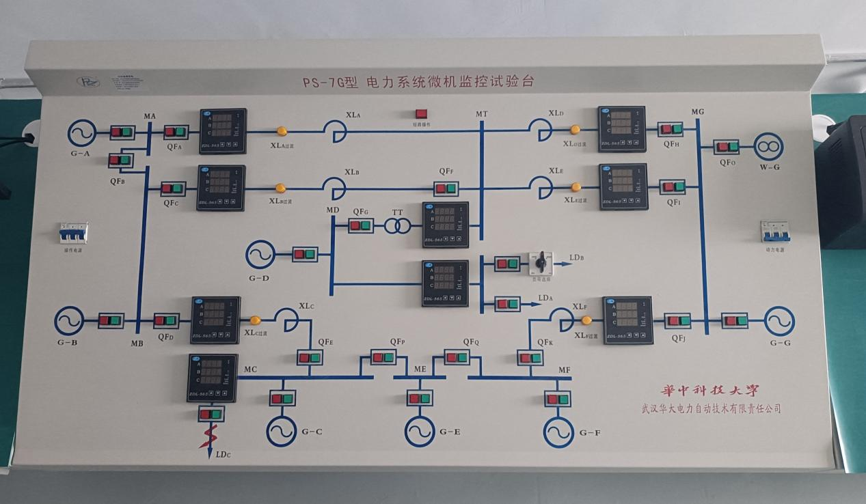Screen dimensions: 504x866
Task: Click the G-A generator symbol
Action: point(82,132)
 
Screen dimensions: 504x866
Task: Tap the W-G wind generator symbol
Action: point(769,146)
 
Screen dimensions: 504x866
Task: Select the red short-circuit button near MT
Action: point(421,115)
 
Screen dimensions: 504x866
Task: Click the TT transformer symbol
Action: point(396,225)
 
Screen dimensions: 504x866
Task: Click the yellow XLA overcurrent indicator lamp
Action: point(281,131)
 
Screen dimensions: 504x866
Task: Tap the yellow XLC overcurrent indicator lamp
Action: point(255,320)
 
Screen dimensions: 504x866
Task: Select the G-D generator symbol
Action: point(260,254)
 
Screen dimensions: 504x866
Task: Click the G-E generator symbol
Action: point(419,431)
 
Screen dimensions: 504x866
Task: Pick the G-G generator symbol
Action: point(779,320)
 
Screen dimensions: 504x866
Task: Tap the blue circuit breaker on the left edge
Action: point(72,234)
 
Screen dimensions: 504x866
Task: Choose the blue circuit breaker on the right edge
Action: point(775,232)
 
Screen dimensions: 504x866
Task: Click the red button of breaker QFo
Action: point(721,146)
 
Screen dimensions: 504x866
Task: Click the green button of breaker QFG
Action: point(366,225)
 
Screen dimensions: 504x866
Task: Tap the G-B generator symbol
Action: point(69,320)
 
